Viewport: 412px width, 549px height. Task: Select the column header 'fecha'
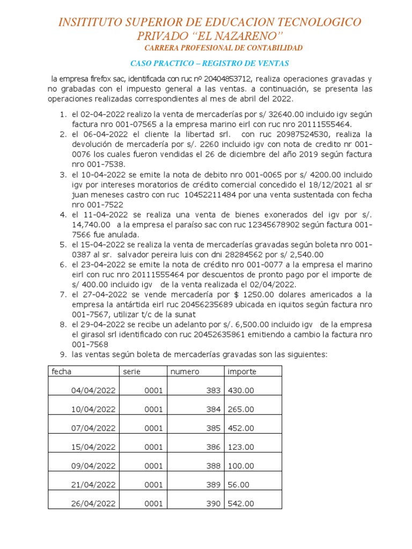(x=61, y=372)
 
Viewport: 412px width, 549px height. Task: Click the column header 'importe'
(x=242, y=372)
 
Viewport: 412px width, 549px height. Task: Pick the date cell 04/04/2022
(x=93, y=391)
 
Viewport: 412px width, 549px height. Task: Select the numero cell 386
(x=213, y=447)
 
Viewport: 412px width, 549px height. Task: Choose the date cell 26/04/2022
(x=93, y=503)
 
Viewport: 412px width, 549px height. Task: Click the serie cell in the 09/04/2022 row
(x=153, y=466)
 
